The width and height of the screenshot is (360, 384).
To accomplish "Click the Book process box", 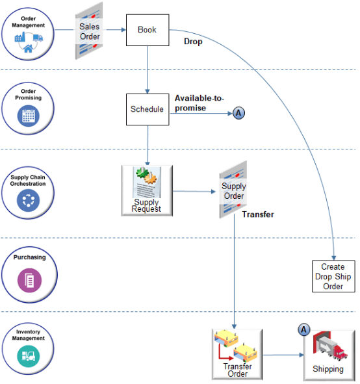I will point(148,30).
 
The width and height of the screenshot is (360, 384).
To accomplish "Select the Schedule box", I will point(148,109).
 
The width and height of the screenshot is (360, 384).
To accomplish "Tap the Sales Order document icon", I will point(90,32).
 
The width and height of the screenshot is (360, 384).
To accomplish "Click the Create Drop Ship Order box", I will point(333,276).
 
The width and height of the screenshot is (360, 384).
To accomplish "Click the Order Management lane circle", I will point(28,36).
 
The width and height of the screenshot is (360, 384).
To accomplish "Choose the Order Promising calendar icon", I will point(28,116).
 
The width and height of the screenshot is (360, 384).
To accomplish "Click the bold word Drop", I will point(193,42).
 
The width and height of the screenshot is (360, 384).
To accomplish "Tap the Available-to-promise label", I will point(199,103).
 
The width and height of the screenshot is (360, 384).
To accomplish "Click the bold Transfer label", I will point(258,214).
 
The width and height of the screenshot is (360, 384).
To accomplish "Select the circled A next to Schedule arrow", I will point(238,113).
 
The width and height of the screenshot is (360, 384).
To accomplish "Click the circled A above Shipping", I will point(303,330).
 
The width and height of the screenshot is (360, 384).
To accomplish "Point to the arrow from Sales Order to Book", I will point(114,30).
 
